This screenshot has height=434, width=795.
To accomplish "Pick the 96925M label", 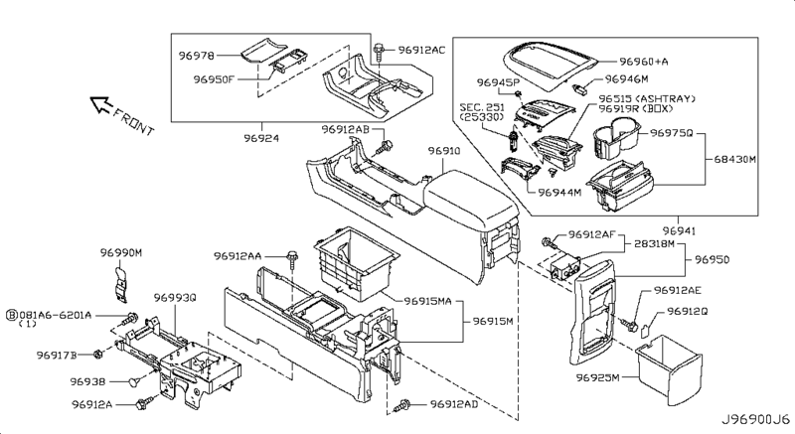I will click(x=598, y=378).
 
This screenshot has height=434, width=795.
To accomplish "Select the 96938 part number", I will click(x=87, y=379).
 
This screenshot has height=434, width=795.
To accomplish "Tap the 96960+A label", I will click(x=651, y=60).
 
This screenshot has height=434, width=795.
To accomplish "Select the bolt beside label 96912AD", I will click(x=405, y=404).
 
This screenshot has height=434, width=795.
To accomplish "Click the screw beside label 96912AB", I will click(x=384, y=147).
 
